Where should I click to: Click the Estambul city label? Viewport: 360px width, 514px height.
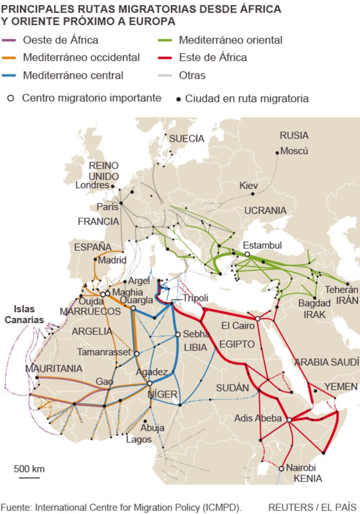[x=262, y=245]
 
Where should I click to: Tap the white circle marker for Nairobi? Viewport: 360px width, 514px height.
[x=281, y=468]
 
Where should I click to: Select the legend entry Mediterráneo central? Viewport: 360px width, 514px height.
[x=73, y=75]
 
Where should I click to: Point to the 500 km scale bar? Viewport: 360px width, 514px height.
[x=29, y=478]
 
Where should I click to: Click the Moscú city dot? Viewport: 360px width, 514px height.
[x=277, y=153]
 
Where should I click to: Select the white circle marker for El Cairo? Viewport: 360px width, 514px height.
[x=257, y=318]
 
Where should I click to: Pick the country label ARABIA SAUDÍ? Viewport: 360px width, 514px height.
[x=327, y=362]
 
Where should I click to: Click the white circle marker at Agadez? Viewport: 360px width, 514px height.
[x=150, y=383]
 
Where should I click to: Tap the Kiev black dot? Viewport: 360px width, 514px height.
[x=253, y=194]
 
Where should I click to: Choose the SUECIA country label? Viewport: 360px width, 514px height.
[x=187, y=139]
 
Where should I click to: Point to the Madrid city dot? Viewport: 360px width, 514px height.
[x=95, y=259]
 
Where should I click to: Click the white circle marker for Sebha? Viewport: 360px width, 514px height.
[x=178, y=334]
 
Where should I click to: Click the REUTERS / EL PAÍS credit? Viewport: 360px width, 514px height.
[x=312, y=507]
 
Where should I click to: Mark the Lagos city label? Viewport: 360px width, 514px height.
[x=139, y=439]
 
